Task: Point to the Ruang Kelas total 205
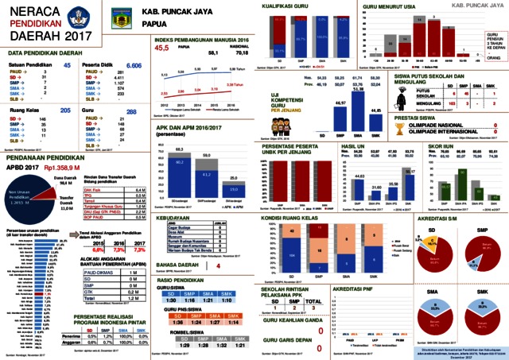(65, 110)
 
